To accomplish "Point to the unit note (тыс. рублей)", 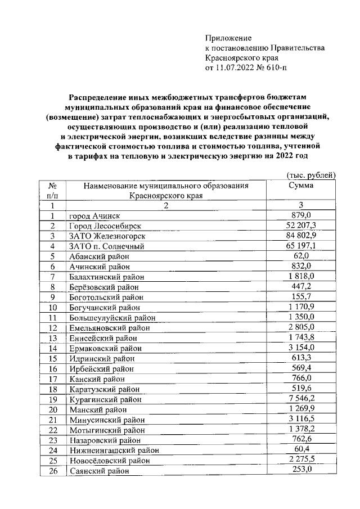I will pyautogui.click(x=310, y=175).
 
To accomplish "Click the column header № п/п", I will pyautogui.click(x=52, y=191).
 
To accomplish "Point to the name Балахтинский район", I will pyautogui.click(x=106, y=277).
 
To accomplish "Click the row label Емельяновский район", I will pyautogui.click(x=109, y=328).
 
